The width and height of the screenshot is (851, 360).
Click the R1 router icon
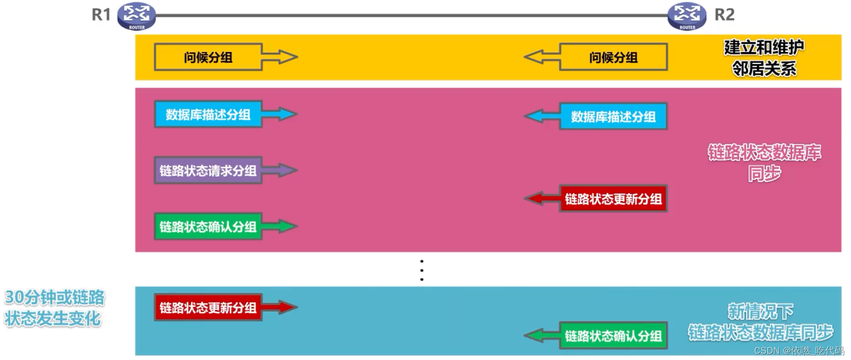(x=136, y=16)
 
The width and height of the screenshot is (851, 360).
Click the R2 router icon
(x=687, y=16)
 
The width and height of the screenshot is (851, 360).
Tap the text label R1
(x=101, y=15)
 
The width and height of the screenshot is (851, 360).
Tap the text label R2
(x=724, y=15)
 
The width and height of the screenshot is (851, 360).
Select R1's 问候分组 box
(x=208, y=57)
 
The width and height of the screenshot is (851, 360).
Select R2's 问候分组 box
(x=613, y=57)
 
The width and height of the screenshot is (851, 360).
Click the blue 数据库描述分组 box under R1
(x=208, y=114)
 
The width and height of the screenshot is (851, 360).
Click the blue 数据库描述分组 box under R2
(x=613, y=116)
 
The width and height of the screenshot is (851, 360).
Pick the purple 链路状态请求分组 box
(x=208, y=170)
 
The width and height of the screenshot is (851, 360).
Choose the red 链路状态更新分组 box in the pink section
(x=613, y=199)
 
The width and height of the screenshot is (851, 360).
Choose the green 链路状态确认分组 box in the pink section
(x=208, y=227)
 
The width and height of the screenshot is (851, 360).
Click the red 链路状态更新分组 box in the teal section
(x=208, y=307)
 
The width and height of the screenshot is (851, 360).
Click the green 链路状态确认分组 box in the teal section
(x=613, y=336)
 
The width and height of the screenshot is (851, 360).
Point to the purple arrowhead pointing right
(x=287, y=170)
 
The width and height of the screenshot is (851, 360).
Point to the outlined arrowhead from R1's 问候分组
(x=287, y=57)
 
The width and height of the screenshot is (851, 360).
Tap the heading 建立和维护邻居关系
(x=764, y=58)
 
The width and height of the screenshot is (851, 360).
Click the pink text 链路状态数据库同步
(x=764, y=162)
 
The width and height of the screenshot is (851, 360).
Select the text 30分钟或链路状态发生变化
(x=54, y=307)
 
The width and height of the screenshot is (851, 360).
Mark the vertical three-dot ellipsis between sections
(x=422, y=270)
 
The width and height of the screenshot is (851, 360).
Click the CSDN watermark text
(x=799, y=350)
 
